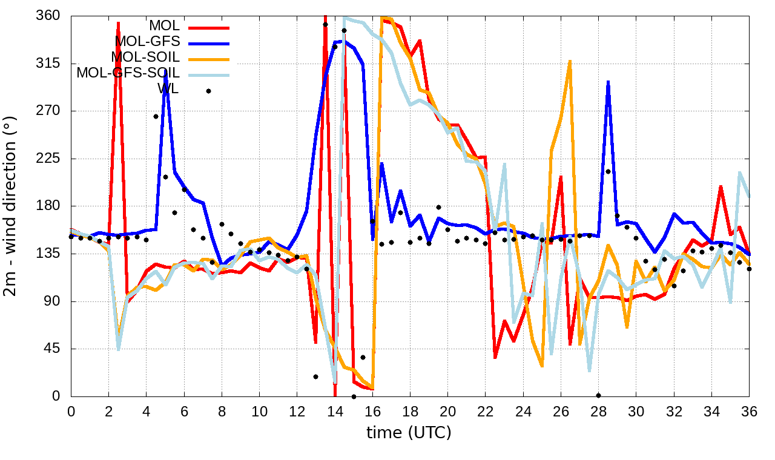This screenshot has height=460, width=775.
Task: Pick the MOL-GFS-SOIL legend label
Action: [128, 73]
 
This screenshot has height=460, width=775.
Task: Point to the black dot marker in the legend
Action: [208, 91]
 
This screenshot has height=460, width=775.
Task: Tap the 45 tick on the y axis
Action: [55, 349]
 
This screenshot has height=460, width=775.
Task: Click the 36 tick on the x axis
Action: [750, 410]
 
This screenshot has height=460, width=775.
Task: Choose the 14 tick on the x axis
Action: [335, 410]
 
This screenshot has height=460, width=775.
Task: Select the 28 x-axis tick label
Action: [599, 410]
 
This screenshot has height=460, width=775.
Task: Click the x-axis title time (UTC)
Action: [409, 433]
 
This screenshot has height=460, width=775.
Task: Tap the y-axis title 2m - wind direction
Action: [12, 206]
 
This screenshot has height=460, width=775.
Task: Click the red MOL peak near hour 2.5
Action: [118, 23]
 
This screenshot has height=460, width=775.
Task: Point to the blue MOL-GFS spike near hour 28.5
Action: [608, 81]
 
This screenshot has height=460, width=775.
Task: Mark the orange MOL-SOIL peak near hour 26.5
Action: [570, 61]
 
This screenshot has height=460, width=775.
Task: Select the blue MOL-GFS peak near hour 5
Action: [165, 71]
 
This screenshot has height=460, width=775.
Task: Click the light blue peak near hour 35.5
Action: [740, 172]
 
